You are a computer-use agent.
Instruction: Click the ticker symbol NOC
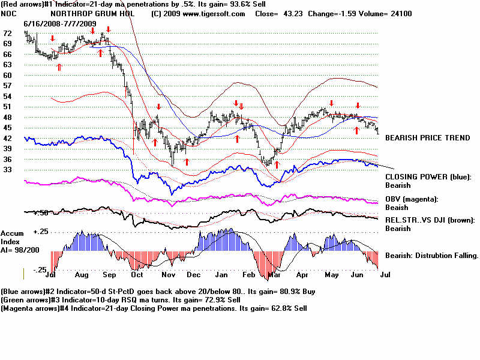click(8, 13)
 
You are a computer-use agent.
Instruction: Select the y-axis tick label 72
click(8, 34)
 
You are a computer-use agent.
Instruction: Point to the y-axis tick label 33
click(8, 170)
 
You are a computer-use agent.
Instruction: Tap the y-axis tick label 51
click(8, 107)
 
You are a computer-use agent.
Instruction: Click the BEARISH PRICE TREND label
click(427, 138)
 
